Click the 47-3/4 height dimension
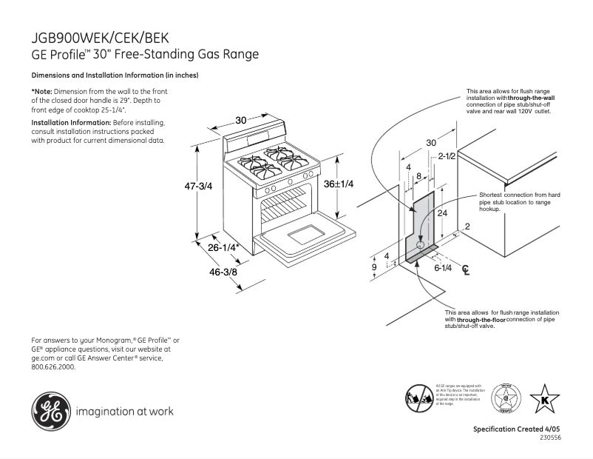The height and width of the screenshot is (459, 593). (197, 187)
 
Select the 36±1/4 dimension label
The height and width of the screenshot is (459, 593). (339, 184)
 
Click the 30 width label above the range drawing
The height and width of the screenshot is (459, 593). (241, 120)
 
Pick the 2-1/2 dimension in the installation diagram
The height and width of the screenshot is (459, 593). (446, 157)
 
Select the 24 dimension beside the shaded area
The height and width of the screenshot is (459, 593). (442, 212)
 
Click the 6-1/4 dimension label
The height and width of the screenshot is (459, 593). (443, 267)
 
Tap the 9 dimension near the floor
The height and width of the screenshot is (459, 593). (374, 267)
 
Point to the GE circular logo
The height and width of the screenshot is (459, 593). (48, 410)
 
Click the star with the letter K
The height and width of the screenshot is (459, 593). (545, 400)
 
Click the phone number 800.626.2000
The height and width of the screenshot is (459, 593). (53, 366)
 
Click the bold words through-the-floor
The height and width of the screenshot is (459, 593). (480, 319)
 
